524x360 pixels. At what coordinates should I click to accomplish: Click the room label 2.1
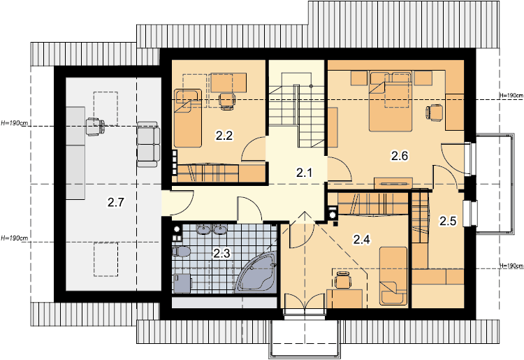304,173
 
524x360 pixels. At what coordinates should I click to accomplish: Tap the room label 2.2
224,136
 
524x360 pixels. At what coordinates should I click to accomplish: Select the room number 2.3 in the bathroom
221,253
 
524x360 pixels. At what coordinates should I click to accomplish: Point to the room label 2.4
362,239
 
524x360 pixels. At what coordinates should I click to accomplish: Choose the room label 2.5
448,221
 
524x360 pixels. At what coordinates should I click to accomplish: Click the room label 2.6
400,156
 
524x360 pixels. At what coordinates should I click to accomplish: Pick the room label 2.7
116,202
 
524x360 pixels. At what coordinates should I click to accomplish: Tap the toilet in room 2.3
181,252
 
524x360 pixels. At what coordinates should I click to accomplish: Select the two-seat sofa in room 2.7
148,144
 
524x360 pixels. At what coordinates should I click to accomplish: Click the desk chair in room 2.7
94,127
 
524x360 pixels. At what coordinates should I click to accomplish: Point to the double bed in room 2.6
391,101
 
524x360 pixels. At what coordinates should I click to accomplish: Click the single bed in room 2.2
188,118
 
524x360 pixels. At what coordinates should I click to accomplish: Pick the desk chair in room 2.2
227,100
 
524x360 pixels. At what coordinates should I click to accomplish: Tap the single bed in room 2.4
393,276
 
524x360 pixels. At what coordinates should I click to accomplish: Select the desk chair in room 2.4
342,280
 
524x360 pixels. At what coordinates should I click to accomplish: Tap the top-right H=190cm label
511,95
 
